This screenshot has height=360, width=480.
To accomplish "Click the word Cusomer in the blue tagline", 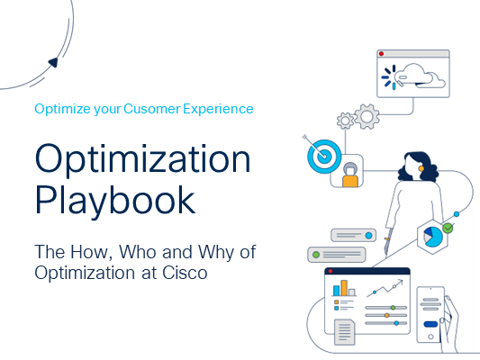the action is [x=152, y=109].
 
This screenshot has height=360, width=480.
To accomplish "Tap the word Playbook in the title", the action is [x=115, y=201].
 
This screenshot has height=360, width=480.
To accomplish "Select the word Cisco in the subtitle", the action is [x=185, y=273].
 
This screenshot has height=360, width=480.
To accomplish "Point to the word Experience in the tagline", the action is [x=218, y=110].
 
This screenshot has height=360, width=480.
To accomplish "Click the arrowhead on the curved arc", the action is [x=53, y=62].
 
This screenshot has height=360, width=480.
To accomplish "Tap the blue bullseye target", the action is [x=324, y=157].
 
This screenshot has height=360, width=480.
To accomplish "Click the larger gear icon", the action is [x=367, y=116].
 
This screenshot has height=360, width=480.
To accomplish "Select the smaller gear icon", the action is [x=345, y=121].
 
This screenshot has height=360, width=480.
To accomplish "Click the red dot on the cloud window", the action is [x=382, y=54].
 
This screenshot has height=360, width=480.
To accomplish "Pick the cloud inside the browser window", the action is [x=420, y=76].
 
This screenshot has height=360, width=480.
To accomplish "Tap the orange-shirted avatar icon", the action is [x=350, y=175].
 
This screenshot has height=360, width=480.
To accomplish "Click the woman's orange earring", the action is [x=421, y=168].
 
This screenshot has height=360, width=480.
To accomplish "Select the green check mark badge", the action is [x=448, y=228].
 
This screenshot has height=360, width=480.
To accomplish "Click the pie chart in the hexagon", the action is [x=433, y=237].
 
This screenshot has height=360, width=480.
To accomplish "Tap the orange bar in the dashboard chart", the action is [x=344, y=288].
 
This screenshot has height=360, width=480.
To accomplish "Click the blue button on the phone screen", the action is [x=430, y=324].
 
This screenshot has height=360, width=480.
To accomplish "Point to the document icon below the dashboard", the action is [x=345, y=332].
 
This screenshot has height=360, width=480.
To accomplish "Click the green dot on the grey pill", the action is [x=316, y=255].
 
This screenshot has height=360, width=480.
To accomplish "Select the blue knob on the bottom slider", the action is [x=396, y=323].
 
